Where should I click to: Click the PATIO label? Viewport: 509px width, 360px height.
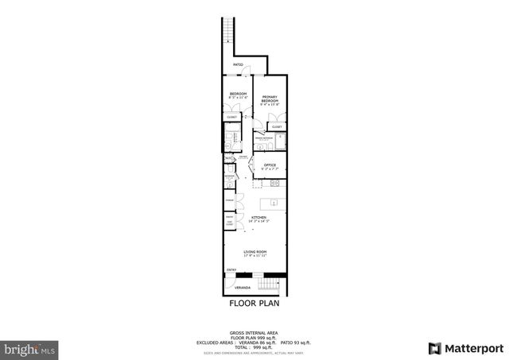click(x=238, y=65)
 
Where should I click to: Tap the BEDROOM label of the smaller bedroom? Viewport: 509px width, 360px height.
click(x=238, y=95)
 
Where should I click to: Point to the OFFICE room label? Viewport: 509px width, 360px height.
click(x=270, y=165)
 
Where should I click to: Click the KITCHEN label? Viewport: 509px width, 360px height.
click(x=258, y=218)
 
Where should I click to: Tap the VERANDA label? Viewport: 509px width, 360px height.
click(x=242, y=288)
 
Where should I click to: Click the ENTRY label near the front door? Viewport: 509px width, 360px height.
click(x=231, y=270)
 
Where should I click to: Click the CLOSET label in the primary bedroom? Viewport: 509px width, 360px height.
click(x=277, y=127)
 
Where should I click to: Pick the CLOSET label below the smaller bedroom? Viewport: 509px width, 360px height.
click(x=231, y=118)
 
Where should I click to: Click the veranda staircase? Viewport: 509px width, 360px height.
click(x=273, y=285)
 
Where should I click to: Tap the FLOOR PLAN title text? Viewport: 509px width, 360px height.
click(x=254, y=303)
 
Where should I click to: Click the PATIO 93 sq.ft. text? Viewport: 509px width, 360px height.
click(x=297, y=342)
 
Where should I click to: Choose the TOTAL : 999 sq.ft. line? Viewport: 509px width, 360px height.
click(x=254, y=346)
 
